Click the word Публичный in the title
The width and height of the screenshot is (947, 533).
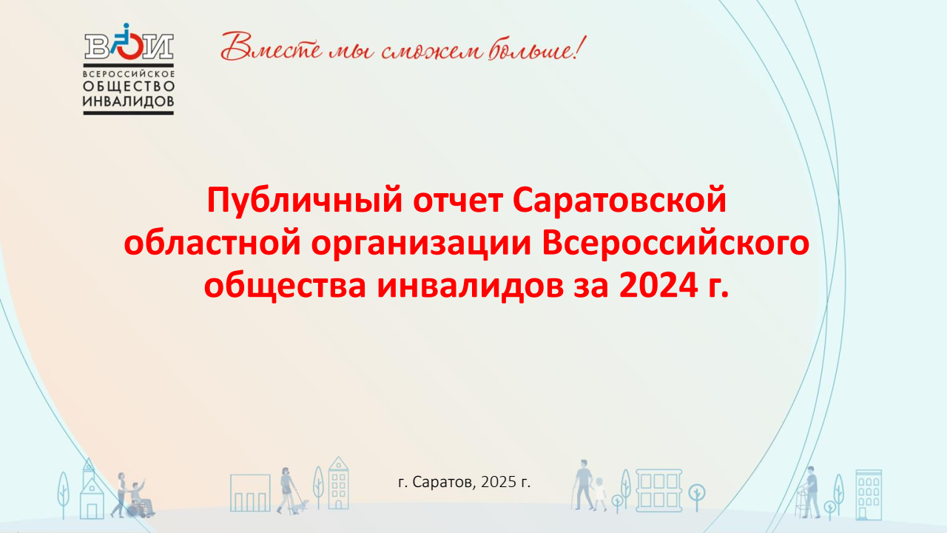tap(304, 201)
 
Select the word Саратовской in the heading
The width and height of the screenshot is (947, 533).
tap(619, 201)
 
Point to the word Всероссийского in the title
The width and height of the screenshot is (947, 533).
tap(675, 244)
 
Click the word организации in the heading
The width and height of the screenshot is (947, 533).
tap(421, 244)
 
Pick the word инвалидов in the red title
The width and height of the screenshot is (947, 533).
tap(470, 286)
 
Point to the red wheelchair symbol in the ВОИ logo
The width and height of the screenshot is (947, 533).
tap(129, 44)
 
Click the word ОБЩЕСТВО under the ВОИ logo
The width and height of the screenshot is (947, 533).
tap(129, 87)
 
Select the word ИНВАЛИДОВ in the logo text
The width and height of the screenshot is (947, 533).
tap(129, 101)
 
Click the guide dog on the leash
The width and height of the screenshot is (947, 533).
tap(301, 506)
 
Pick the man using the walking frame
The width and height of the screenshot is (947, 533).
tap(809, 492)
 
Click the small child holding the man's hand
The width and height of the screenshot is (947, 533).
tap(599, 494)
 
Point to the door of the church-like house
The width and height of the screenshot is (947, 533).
tap(92, 510)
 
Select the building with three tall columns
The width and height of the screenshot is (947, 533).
tap(250, 493)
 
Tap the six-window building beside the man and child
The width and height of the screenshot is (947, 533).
tap(658, 491)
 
